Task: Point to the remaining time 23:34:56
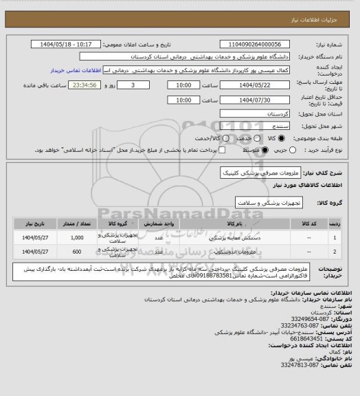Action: (95, 85)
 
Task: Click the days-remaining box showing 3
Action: (132, 85)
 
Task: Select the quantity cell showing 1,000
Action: (78, 238)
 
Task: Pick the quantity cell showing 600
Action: (78, 252)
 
